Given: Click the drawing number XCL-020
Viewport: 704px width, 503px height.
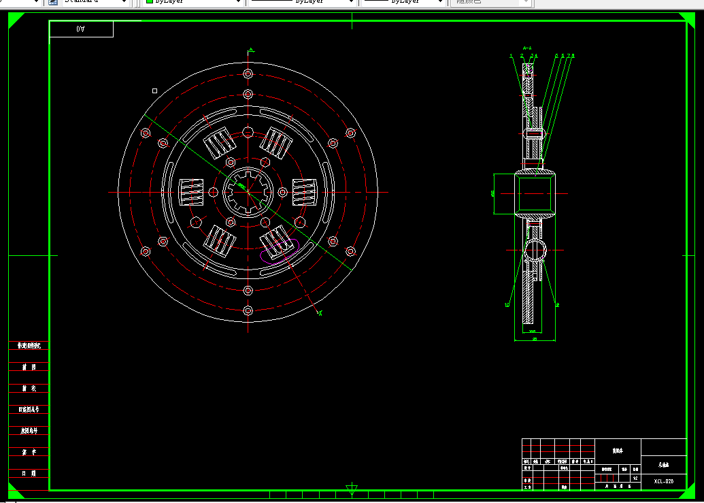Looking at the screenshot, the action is point(663,481).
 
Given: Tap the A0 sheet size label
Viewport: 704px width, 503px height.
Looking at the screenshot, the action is point(81,29).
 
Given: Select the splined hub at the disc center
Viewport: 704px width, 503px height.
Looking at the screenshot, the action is point(248,192).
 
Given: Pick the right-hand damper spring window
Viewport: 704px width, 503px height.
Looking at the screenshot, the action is point(305,192).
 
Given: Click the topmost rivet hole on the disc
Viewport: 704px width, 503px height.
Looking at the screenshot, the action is point(248,74).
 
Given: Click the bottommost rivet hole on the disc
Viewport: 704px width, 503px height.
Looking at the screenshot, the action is point(248,311).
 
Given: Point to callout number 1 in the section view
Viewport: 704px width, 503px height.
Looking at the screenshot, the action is point(511,56).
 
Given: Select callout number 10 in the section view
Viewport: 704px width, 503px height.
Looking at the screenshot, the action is point(507,305).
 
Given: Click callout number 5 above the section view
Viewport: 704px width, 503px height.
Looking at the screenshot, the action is point(556,56).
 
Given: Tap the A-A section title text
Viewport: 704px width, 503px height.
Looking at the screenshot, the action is point(527,48).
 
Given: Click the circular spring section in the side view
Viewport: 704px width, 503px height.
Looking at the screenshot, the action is point(534,250).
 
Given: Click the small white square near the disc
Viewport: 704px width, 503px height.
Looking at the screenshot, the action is point(155,91).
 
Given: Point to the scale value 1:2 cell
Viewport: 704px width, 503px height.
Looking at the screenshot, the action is point(635,478).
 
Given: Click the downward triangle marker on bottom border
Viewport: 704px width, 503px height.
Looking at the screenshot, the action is point(352,490).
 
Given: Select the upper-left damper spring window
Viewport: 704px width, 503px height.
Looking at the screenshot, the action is point(220,144).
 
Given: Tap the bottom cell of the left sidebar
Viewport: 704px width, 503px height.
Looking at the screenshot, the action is point(29,473).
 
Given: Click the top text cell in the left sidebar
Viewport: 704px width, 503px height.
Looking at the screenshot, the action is point(29,346).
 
